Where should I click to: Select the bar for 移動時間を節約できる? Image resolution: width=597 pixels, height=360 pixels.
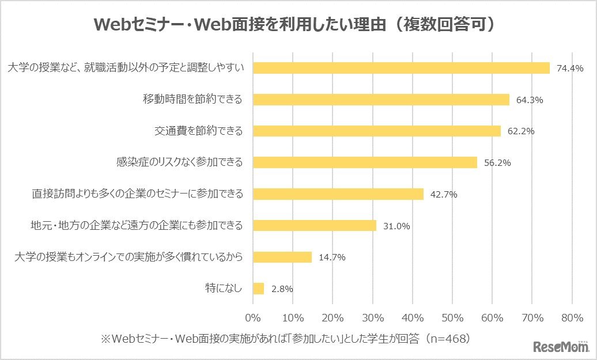[381, 100]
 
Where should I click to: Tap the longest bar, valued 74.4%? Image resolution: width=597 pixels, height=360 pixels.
[402, 68]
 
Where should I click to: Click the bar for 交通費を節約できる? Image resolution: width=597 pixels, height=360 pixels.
[377, 131]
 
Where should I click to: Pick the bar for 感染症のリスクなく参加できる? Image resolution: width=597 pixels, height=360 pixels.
[365, 162]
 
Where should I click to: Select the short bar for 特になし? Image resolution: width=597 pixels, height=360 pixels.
[259, 288]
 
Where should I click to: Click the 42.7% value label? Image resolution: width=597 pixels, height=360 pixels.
[443, 195]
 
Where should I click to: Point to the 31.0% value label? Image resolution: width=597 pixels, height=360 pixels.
[396, 226]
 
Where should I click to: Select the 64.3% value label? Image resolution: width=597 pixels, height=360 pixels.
[530, 100]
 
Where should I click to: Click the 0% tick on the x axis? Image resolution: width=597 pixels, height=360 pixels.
[254, 317]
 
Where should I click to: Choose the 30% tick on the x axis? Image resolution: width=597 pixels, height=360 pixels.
[373, 317]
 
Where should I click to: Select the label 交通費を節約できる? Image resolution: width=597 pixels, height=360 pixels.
[198, 131]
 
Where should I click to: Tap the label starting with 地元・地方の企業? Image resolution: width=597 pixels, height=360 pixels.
[137, 225]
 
